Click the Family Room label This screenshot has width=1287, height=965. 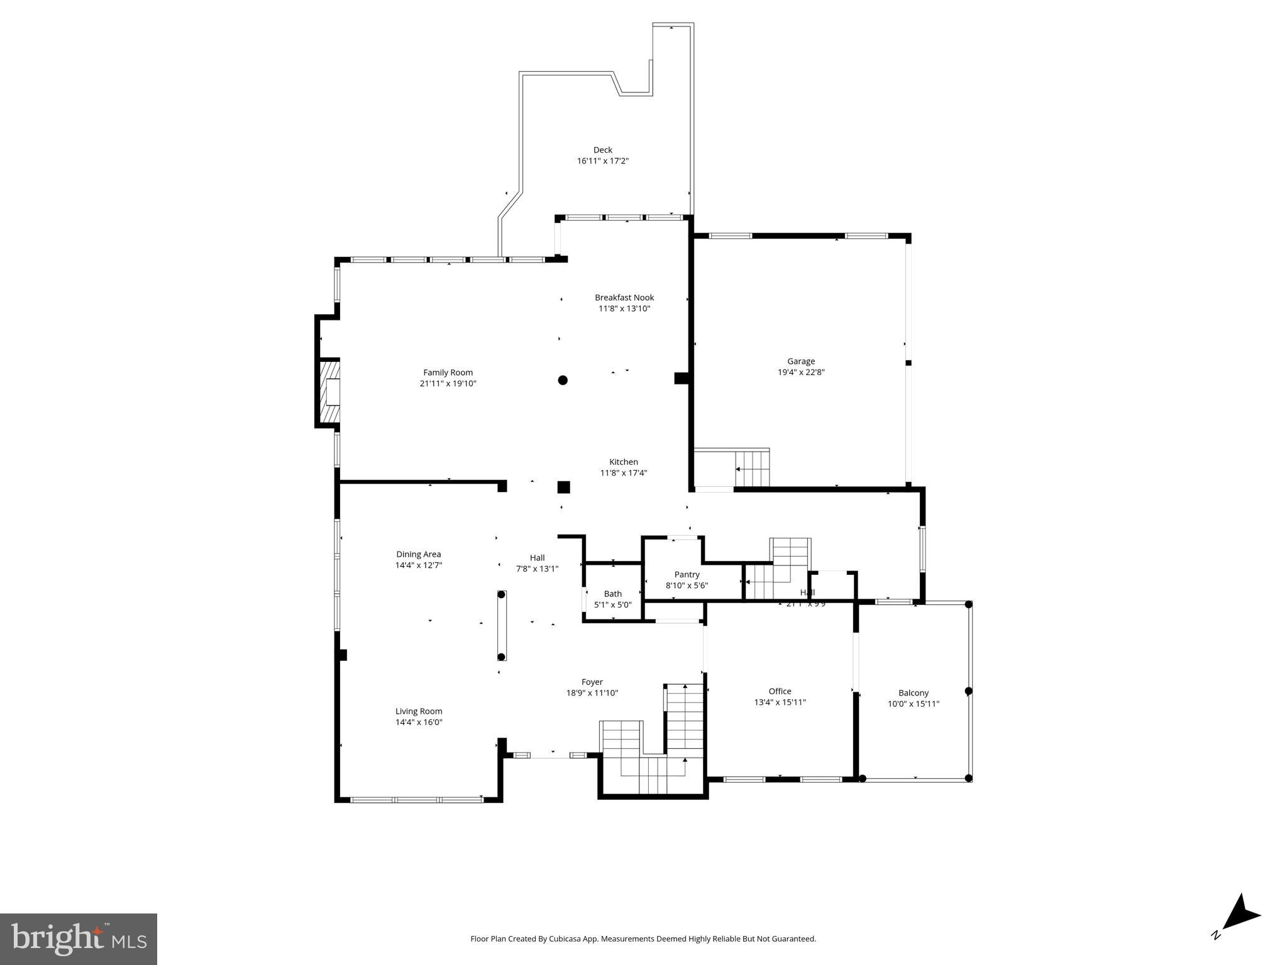coord(448,373)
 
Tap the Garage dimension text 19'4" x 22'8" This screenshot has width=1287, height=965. coord(800,372)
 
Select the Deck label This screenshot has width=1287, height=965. coord(602,150)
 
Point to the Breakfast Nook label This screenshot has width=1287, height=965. coord(624,298)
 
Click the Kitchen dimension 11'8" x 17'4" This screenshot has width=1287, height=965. coord(623,473)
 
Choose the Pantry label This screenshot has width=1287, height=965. coord(687,574)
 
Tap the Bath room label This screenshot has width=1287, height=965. coord(612,594)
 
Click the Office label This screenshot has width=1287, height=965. coord(780,691)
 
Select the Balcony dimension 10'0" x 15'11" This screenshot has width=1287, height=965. coord(913,704)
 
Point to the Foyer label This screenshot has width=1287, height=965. coord(592,682)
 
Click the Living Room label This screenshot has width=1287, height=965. coord(419,711)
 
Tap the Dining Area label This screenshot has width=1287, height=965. coord(418,554)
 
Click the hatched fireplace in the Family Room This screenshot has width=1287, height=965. coord(330,393)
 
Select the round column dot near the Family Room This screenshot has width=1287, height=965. coord(563,380)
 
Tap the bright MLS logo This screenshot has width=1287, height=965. coord(78,939)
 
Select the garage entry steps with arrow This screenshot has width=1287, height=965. coord(751,469)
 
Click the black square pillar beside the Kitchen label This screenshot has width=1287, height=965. coord(563,487)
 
